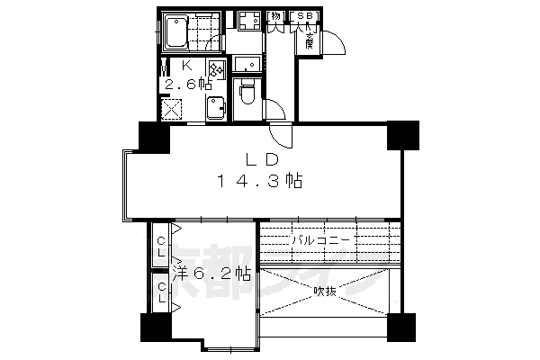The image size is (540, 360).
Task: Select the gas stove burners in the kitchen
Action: click(x=215, y=70)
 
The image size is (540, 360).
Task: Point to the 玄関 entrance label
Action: click(x=309, y=40)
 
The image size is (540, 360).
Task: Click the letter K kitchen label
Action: click(x=189, y=66)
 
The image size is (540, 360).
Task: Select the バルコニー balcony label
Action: click(x=320, y=240)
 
